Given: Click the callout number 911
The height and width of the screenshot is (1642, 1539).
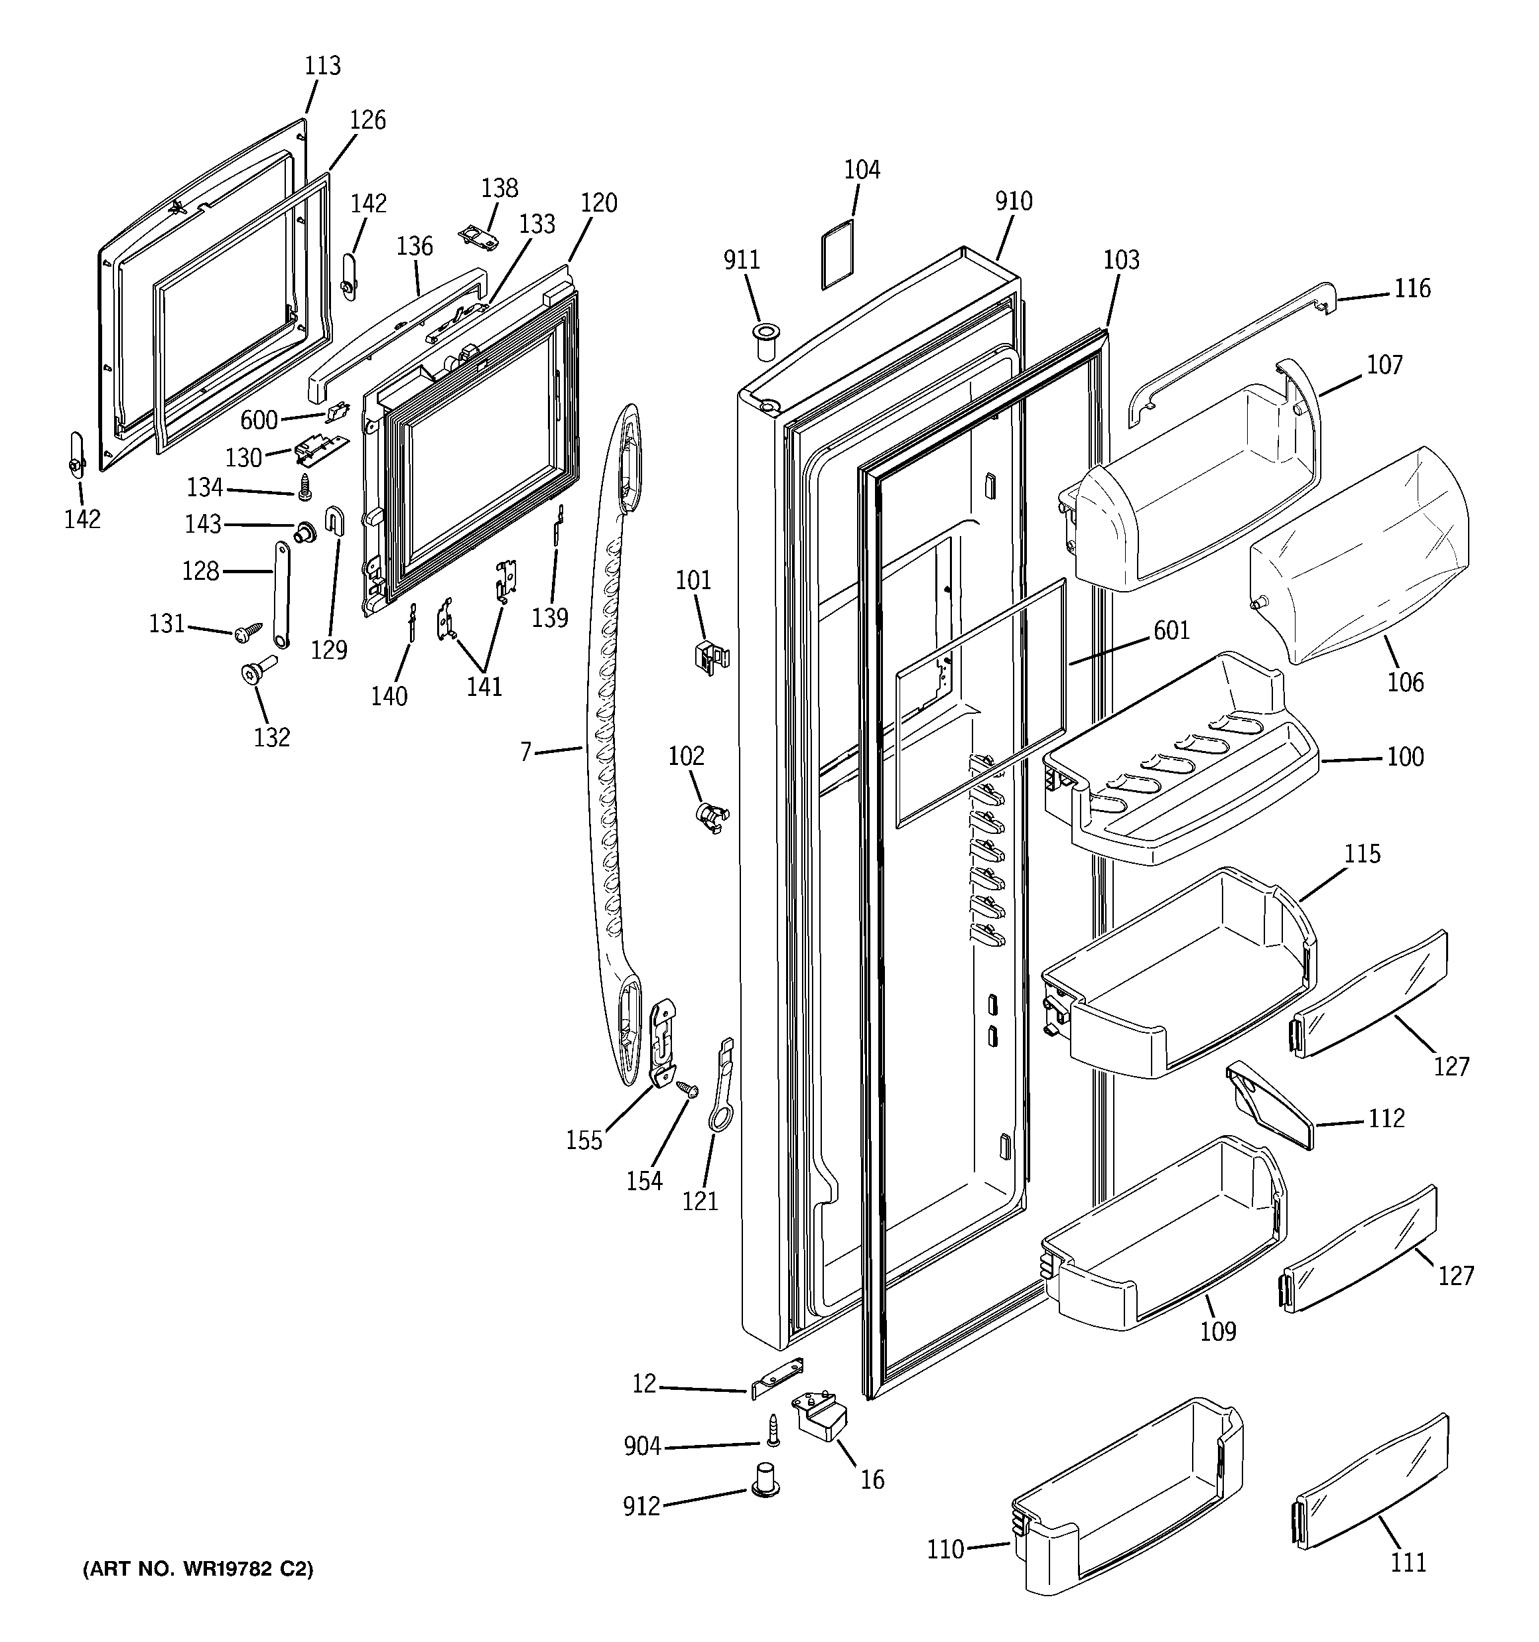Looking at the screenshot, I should point(741,260).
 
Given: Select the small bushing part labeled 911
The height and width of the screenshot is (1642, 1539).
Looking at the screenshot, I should point(766,341).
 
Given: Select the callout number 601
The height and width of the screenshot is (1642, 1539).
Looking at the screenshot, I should point(1171,630).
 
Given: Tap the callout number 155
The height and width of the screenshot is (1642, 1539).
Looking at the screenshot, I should point(584,1140).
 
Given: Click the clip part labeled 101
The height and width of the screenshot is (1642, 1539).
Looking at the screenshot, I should point(710,657).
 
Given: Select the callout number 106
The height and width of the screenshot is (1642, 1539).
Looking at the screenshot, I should point(1405,682).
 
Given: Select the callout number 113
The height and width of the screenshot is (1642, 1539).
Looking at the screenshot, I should point(322,66).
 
